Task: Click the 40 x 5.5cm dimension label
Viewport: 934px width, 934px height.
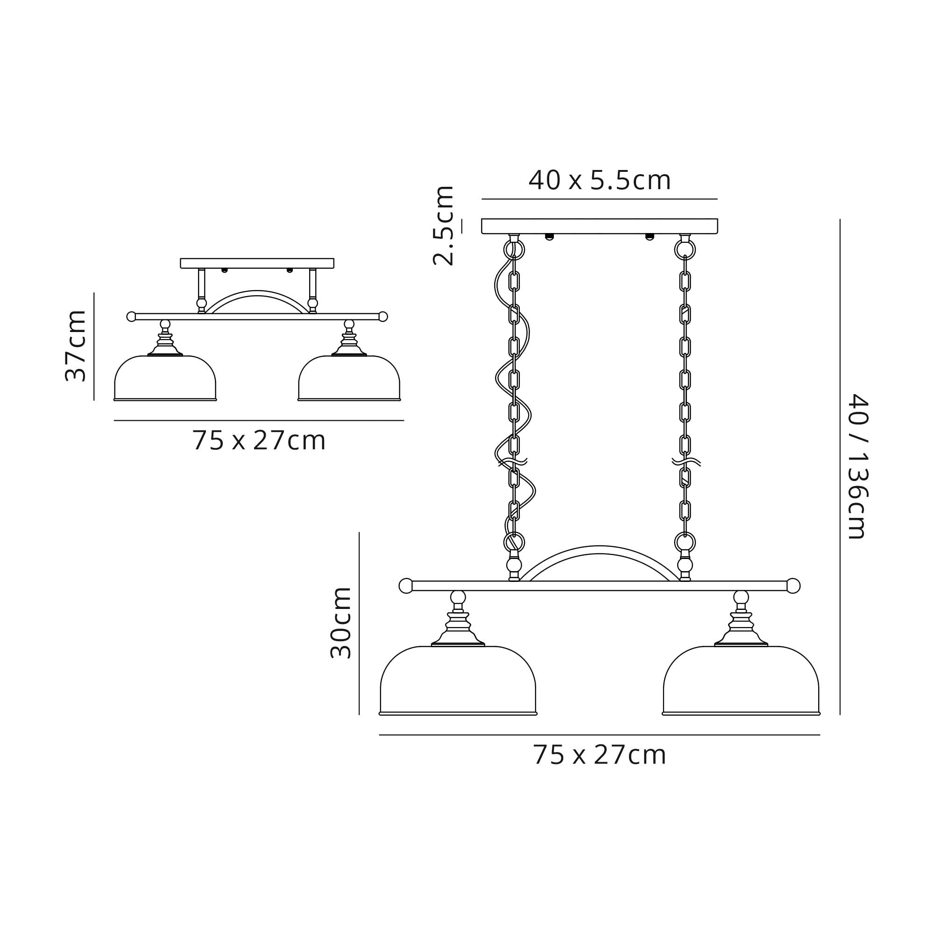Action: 600,180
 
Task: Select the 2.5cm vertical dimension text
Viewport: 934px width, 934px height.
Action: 443,225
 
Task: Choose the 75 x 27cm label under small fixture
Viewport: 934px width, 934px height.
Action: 259,440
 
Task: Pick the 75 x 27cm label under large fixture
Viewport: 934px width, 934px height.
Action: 600,755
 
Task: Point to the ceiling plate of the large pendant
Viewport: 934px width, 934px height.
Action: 600,226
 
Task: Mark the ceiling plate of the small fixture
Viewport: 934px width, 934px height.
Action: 257,263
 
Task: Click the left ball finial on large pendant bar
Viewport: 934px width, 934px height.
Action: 406,586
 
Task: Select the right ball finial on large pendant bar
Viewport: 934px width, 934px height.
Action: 793,586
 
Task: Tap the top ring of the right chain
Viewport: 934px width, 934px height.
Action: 685,250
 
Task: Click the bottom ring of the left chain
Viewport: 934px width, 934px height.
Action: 514,542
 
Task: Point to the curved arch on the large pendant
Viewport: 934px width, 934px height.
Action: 600,550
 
